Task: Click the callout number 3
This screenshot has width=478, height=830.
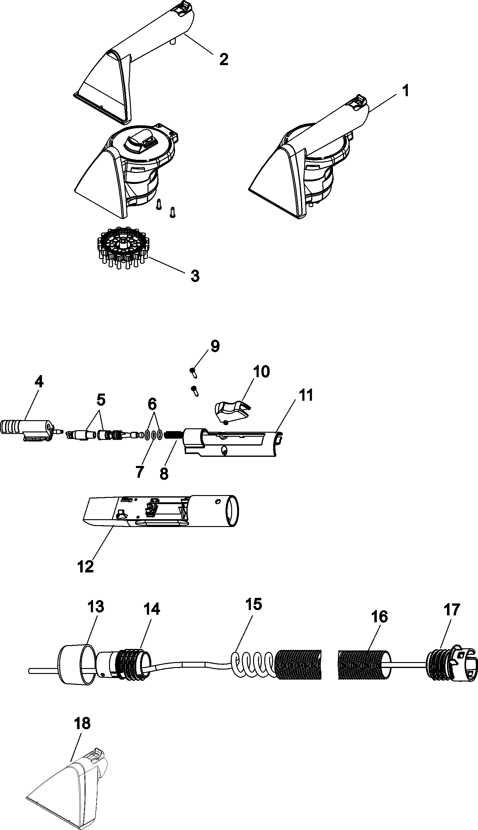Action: tap(195, 276)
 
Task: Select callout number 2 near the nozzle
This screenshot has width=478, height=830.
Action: tap(224, 60)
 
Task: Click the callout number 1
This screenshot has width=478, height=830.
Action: tap(406, 91)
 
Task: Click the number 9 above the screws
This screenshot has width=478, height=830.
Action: tap(215, 346)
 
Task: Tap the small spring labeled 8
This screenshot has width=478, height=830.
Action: tap(171, 436)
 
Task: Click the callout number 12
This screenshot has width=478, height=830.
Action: tap(86, 566)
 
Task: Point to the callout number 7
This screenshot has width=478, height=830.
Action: tap(139, 472)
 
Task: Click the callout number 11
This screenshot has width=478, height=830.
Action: tap(306, 396)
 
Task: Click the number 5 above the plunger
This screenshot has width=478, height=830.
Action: tap(101, 400)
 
